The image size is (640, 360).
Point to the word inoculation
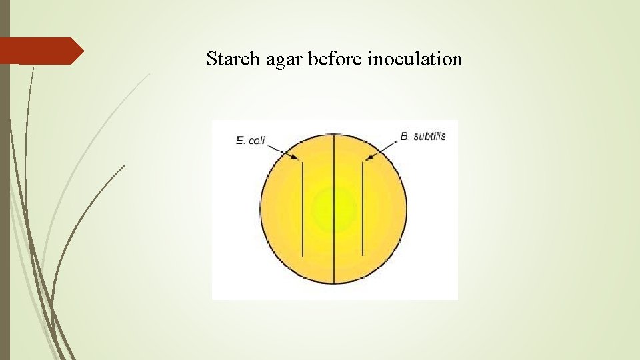(415, 59)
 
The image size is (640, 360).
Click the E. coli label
(250, 141)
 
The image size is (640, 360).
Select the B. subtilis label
(423, 136)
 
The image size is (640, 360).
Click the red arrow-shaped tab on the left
(40, 51)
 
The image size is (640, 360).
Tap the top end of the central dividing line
(333, 135)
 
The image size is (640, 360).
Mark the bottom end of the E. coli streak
(303, 255)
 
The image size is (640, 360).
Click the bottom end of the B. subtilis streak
(362, 255)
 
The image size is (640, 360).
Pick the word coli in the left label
(257, 141)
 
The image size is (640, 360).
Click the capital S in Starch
(211, 59)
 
